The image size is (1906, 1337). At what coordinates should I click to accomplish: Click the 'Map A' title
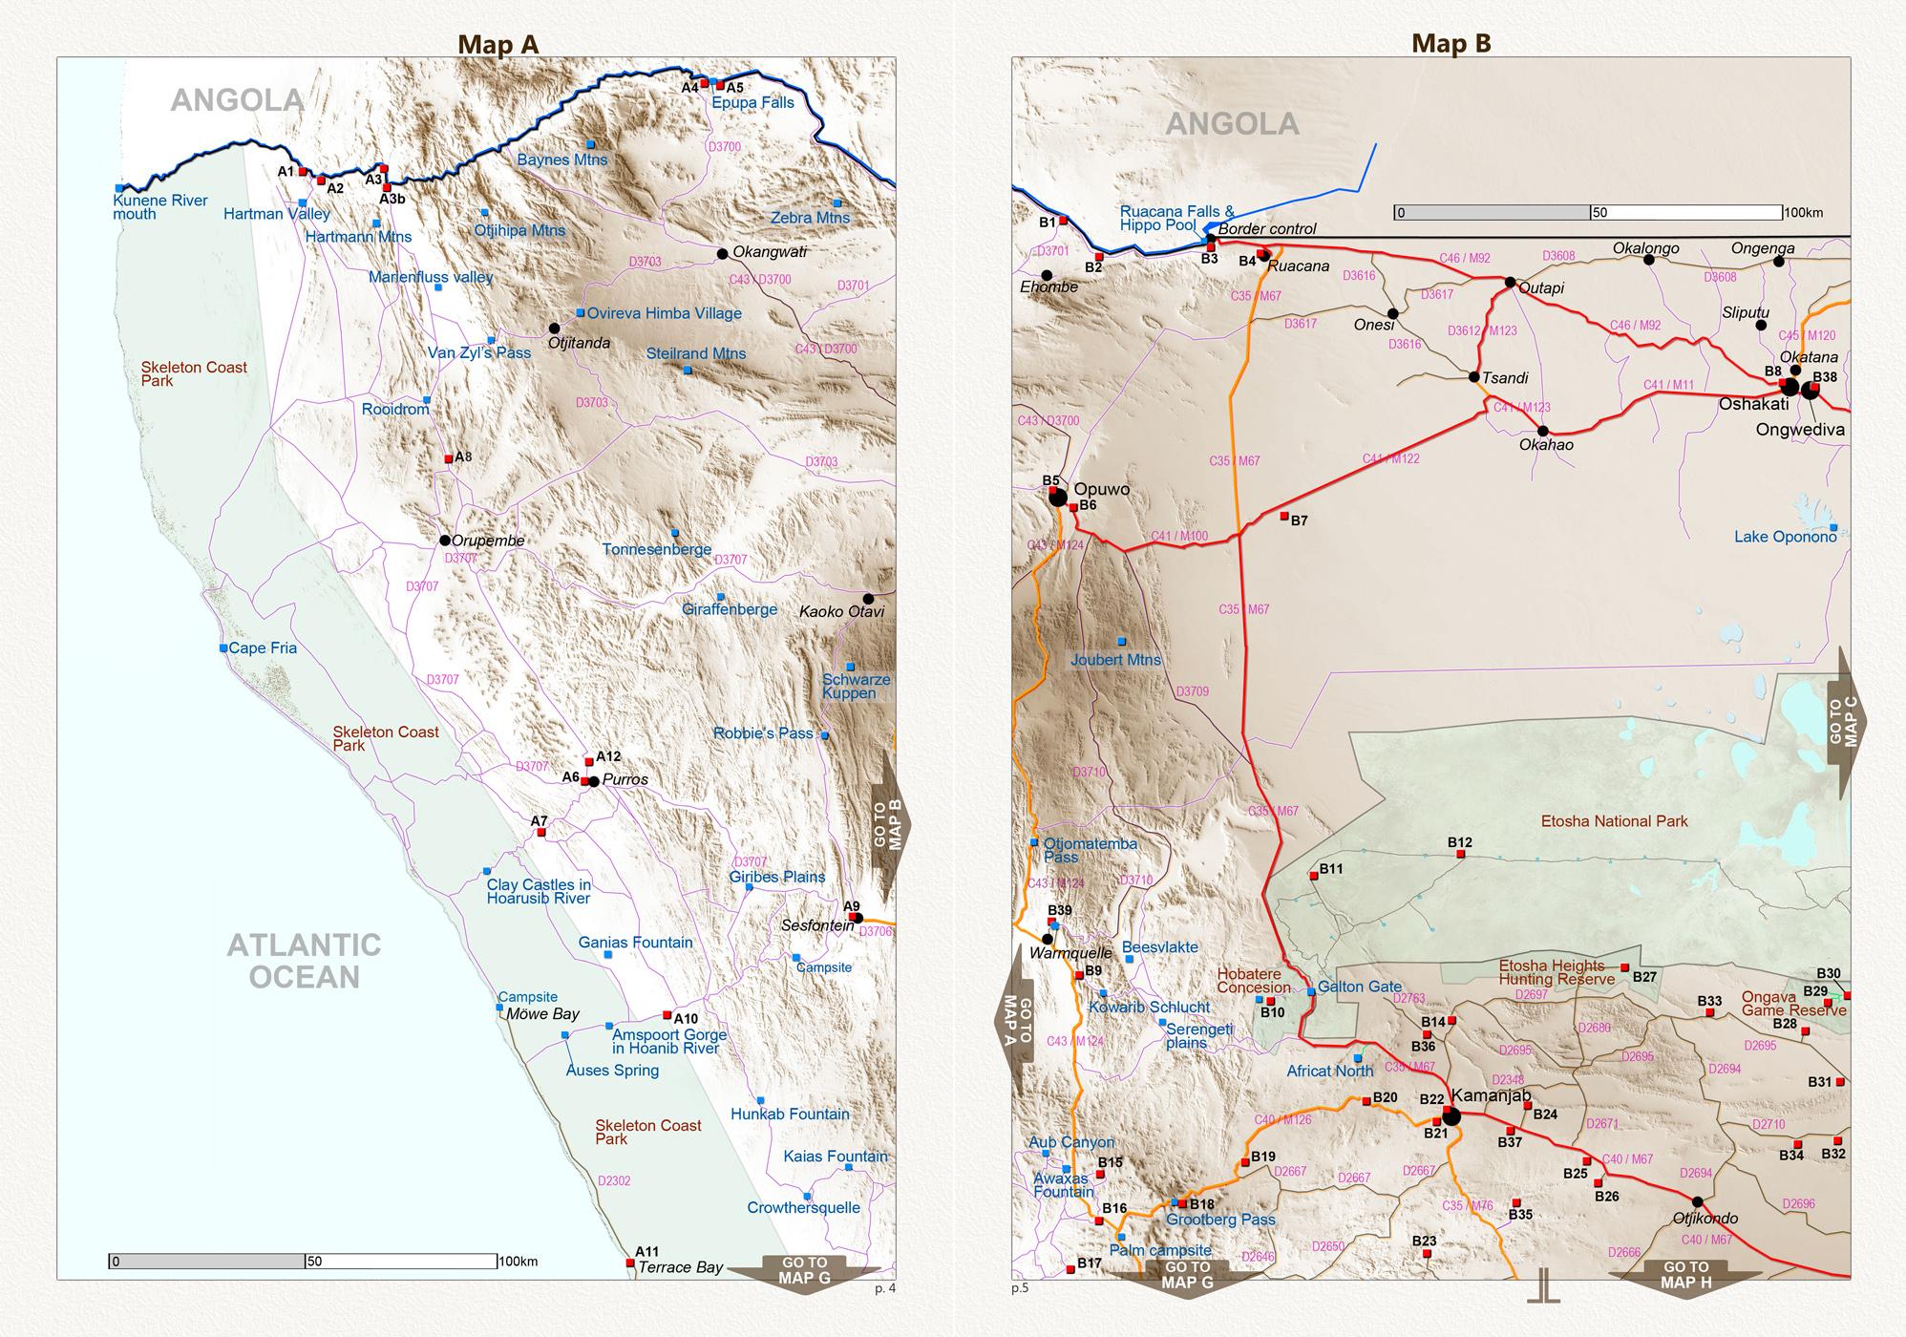(x=498, y=44)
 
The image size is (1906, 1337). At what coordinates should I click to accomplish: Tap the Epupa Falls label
(x=752, y=102)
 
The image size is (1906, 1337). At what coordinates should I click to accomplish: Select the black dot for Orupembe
(x=445, y=541)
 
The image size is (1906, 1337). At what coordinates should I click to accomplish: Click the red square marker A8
(x=449, y=459)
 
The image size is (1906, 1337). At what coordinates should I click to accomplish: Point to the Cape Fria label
(x=263, y=648)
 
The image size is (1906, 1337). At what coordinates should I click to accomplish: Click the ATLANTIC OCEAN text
(x=304, y=961)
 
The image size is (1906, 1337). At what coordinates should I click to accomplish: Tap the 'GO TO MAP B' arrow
(x=891, y=825)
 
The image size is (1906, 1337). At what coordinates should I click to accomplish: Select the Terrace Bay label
(x=680, y=1267)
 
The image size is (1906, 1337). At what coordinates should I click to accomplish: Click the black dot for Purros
(x=594, y=781)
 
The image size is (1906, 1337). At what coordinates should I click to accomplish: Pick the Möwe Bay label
(x=543, y=1014)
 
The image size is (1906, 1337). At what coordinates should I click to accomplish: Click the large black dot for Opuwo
(x=1058, y=498)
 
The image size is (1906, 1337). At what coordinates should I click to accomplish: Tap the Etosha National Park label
(x=1614, y=821)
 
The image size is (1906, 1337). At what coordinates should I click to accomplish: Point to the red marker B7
(x=1284, y=516)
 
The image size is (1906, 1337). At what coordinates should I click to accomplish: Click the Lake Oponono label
(x=1785, y=537)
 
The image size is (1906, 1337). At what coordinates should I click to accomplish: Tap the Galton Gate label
(x=1359, y=987)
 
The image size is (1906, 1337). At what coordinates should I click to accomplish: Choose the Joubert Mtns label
(x=1115, y=660)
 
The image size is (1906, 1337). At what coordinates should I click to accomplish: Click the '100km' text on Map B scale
(x=1803, y=212)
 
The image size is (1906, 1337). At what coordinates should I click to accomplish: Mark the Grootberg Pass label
(x=1220, y=1220)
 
